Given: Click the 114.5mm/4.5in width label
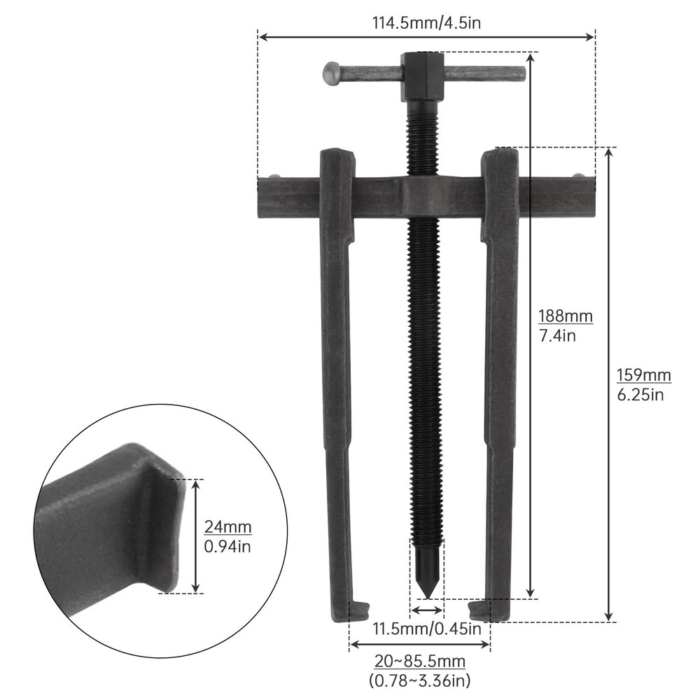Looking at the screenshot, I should pyautogui.click(x=426, y=22).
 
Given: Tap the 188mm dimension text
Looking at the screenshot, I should pyautogui.click(x=565, y=316).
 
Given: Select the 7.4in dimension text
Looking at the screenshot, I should pyautogui.click(x=557, y=335).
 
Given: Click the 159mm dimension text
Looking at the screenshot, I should pyautogui.click(x=643, y=375).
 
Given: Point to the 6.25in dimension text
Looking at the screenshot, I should pyautogui.click(x=640, y=395).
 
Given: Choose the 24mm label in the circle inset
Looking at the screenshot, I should pyautogui.click(x=227, y=526).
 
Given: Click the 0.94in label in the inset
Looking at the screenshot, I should pyautogui.click(x=227, y=546).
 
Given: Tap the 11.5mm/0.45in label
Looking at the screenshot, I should pyautogui.click(x=426, y=628).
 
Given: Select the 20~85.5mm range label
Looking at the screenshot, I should pyautogui.click(x=419, y=661).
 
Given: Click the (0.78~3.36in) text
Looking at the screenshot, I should pyautogui.click(x=419, y=679).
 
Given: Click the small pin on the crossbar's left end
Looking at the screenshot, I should pyautogui.click(x=275, y=176).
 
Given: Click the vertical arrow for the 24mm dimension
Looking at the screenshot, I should pyautogui.click(x=197, y=535).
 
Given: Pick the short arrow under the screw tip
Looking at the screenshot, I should pyautogui.click(x=426, y=610).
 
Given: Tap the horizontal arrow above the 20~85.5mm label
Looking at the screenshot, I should pyautogui.click(x=419, y=644).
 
